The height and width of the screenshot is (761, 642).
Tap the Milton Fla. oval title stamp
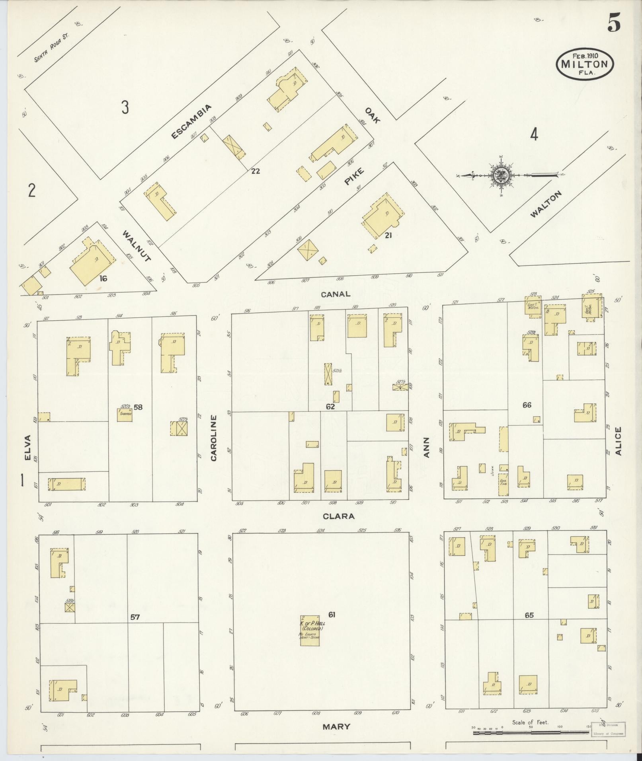(x=585, y=64)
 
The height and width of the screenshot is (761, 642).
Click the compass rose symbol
(x=500, y=175)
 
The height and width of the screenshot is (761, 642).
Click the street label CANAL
(x=337, y=294)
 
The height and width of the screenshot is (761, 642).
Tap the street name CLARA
(x=338, y=516)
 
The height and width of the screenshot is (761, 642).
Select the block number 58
(x=138, y=407)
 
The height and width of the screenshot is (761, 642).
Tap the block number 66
(x=527, y=405)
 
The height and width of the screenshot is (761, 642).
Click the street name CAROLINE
(x=214, y=438)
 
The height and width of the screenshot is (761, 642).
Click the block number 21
(x=388, y=235)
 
